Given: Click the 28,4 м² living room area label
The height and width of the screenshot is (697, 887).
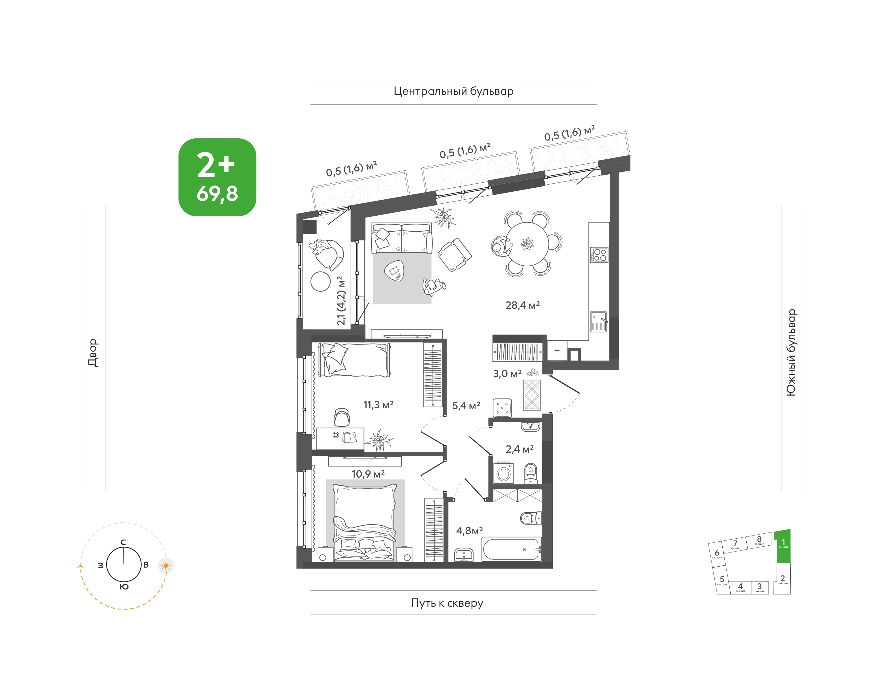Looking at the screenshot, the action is click(x=523, y=305).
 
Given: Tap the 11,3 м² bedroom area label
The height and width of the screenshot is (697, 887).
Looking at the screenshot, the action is click(x=378, y=405).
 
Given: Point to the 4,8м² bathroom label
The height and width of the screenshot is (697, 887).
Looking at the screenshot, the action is click(x=470, y=531).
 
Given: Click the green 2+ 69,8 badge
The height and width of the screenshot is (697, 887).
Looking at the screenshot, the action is click(x=217, y=177).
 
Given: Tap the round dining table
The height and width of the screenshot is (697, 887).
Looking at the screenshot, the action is click(x=527, y=244).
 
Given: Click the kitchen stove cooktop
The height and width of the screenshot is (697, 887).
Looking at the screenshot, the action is click(x=599, y=255).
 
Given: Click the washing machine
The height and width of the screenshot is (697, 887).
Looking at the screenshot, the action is click(x=504, y=473).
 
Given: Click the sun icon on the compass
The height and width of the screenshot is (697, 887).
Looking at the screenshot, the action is click(x=166, y=566).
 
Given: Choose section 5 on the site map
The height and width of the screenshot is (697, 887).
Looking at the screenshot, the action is click(x=722, y=580).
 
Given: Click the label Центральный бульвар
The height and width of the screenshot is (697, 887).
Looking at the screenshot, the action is click(x=453, y=92).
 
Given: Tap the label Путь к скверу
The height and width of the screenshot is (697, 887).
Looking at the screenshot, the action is click(x=447, y=603).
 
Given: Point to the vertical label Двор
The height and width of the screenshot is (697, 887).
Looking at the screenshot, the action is click(x=93, y=353).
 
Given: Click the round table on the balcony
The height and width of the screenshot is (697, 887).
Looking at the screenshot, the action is click(x=320, y=282).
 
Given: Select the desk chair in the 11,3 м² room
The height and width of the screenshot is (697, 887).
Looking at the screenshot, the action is click(x=342, y=417).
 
